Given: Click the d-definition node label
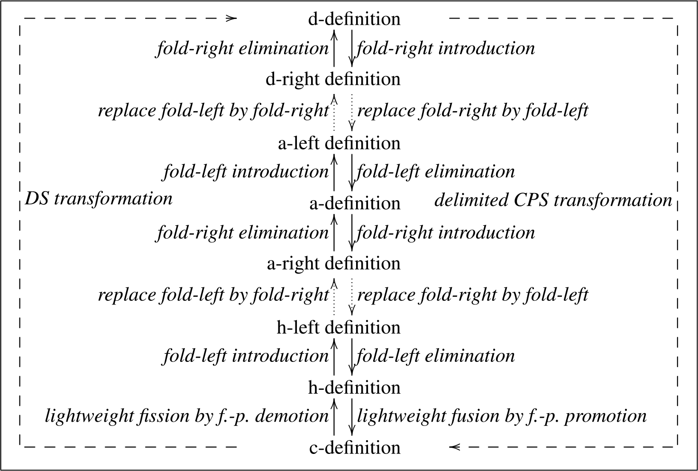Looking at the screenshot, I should coord(354,19).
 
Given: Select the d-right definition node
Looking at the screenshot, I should coord(333,79).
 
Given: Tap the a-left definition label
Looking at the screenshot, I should coord(339,143).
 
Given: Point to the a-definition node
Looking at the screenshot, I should coord(355,203).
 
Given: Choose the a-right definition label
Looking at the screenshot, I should coord(333,263).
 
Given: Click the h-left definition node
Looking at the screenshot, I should coord(339,327).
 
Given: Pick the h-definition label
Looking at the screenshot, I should coord(354,388).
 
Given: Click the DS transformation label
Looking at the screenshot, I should coord(98,199).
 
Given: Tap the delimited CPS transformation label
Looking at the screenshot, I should coord(553,200).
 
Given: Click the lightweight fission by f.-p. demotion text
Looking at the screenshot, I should coord(186,416).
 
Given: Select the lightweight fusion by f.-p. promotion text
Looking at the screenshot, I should coord(502,416).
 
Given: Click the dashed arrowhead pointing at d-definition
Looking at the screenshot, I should coord(230,18).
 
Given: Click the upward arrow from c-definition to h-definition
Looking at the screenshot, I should coord(334,416).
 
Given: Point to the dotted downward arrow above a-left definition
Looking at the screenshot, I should coord(352,111).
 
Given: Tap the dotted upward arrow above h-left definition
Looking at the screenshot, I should coord(334,296).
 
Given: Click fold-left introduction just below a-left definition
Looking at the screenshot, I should coord(246,171).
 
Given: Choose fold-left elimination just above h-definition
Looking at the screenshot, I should coord(436,356).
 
